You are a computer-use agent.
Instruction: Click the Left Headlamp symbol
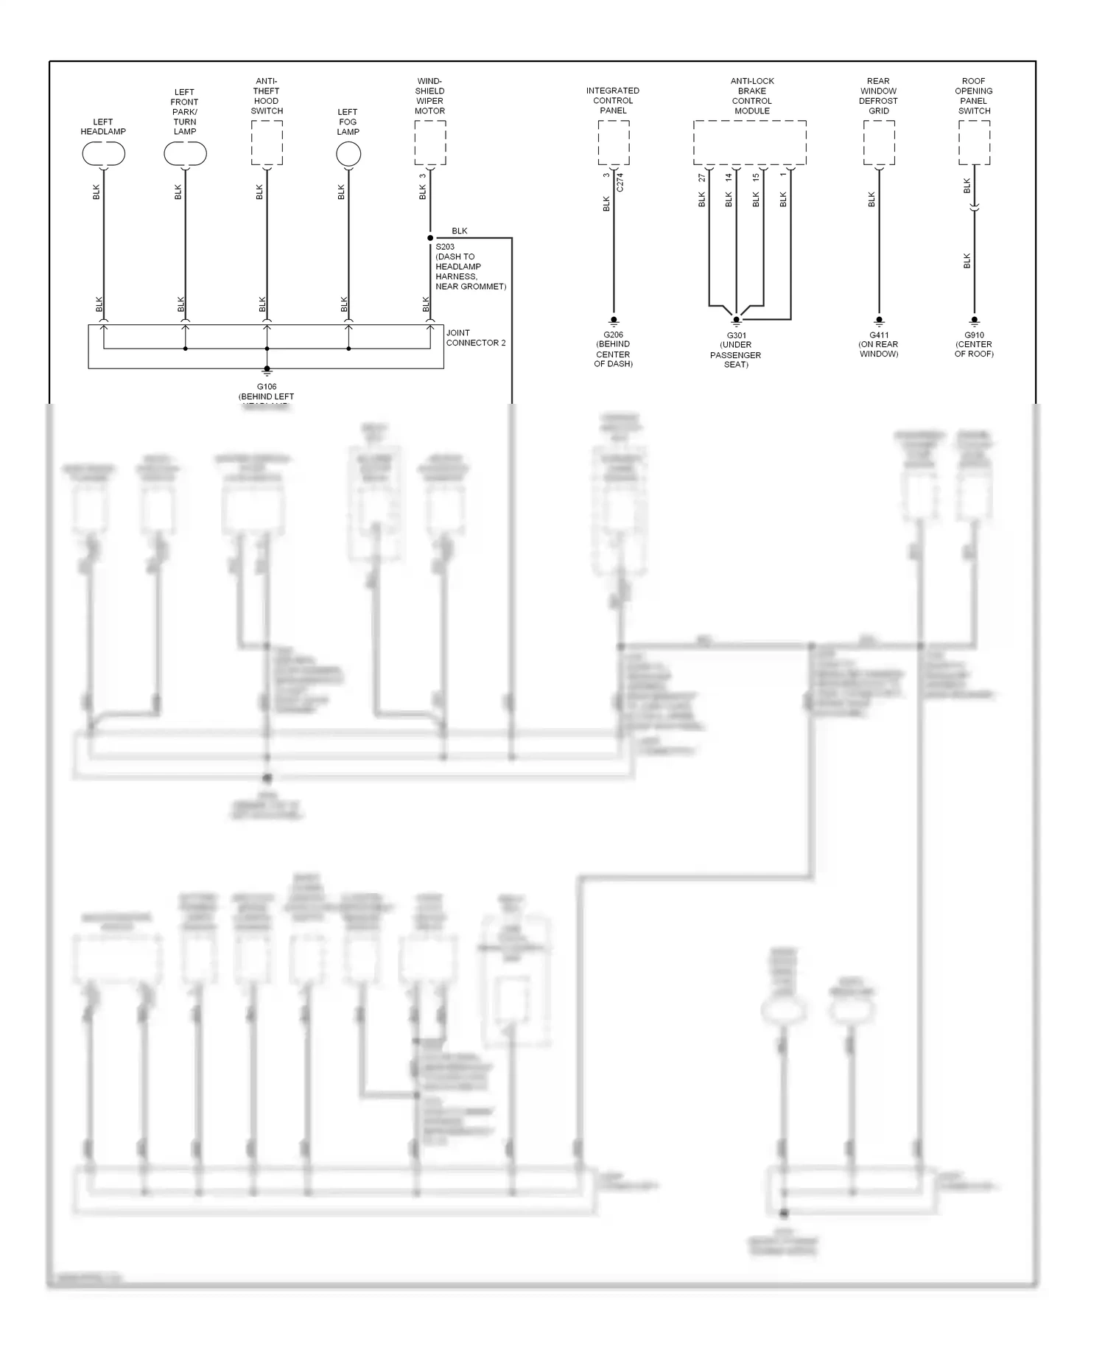[x=103, y=154]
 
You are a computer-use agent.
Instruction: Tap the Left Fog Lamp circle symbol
[x=348, y=154]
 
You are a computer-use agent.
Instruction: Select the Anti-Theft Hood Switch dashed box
[x=267, y=143]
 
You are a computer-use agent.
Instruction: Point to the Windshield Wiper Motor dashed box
[x=430, y=143]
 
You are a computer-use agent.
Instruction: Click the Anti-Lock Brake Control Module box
[x=749, y=143]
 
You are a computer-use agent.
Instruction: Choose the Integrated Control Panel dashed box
[x=613, y=143]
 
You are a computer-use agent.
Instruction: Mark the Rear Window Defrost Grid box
[x=879, y=143]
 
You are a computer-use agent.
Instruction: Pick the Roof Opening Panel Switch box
[x=974, y=143]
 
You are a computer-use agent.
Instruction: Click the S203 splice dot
[x=430, y=238]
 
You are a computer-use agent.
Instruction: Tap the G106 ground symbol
[x=267, y=371]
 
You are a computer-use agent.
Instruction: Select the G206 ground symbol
[x=613, y=321]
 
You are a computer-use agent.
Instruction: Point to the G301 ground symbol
[x=736, y=321]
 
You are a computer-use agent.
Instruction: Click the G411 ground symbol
[x=879, y=321]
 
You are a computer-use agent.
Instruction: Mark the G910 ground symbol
[x=974, y=321]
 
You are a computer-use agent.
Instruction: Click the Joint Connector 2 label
[x=475, y=337]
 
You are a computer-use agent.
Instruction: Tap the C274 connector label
[x=620, y=183]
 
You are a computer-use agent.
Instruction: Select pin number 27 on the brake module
[x=702, y=178]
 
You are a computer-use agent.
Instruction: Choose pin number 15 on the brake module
[x=756, y=178]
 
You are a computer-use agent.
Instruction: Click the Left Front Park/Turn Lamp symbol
[x=185, y=154]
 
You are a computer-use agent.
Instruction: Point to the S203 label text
[x=445, y=247]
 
